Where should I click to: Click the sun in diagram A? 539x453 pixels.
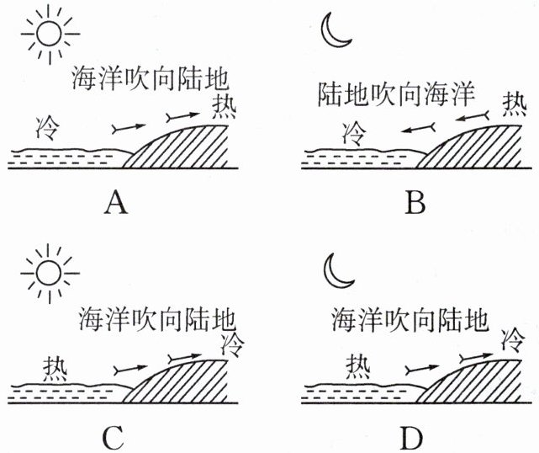(x=49, y=35)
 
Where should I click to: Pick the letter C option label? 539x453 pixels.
(x=115, y=438)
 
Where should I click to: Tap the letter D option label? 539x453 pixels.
(x=413, y=438)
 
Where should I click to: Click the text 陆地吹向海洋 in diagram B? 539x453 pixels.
(x=394, y=93)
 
